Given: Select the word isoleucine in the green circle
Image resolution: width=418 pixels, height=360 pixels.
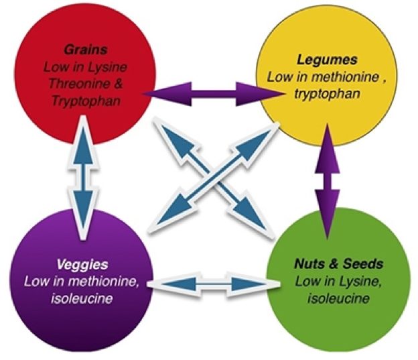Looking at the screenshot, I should click(x=338, y=300).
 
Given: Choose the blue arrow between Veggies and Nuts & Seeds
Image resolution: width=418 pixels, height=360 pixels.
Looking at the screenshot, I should click(x=208, y=282).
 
